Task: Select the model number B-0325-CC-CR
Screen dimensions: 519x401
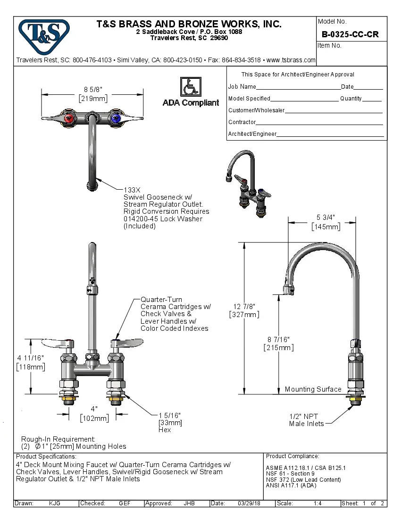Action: [x=350, y=34]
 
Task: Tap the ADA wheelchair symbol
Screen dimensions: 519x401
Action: [x=191, y=87]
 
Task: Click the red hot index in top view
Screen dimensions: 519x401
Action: [x=69, y=118]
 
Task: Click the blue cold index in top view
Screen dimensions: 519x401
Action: [x=115, y=118]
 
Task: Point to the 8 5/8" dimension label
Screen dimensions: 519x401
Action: [x=93, y=90]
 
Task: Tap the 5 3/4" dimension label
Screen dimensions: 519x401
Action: [x=326, y=218]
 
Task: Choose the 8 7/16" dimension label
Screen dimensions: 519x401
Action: [x=278, y=339]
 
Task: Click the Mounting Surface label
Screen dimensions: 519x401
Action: [x=313, y=389]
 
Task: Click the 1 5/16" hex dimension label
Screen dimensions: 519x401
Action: [x=169, y=415]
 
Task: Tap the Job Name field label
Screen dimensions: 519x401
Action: [x=242, y=87]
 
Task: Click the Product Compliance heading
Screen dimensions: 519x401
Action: [x=292, y=456]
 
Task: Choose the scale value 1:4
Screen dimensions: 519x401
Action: [x=317, y=503]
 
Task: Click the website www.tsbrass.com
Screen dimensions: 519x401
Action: [x=291, y=60]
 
